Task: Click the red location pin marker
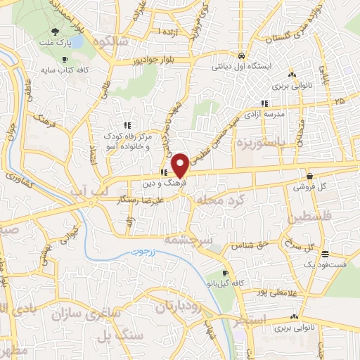point(181,165)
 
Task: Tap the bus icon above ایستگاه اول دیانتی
point(241,56)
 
